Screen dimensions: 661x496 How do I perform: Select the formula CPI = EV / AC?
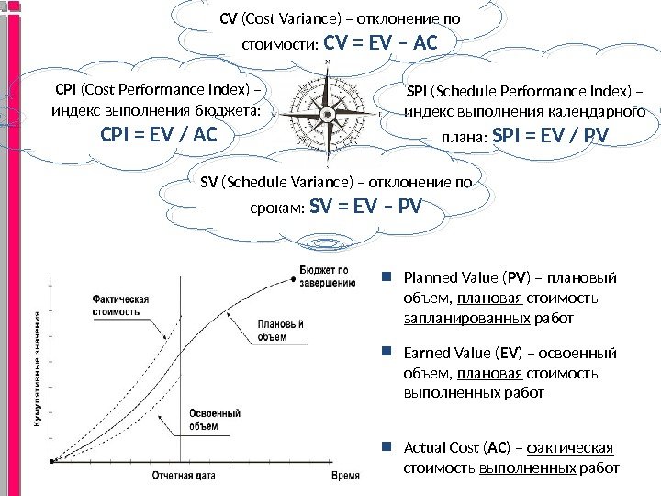[x=157, y=136]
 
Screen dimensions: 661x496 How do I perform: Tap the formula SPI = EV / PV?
[x=551, y=137]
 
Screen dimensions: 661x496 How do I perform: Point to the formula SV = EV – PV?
[x=366, y=205]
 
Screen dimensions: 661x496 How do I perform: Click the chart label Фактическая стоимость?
[x=120, y=304]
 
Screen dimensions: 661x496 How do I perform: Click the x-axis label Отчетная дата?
[x=184, y=476]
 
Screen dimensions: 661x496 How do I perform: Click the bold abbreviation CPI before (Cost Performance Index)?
[x=67, y=90]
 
